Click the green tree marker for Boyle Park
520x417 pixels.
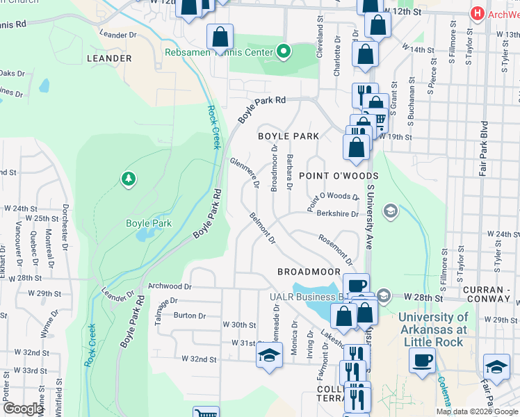click(128, 179)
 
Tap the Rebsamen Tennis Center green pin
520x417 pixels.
click(283, 51)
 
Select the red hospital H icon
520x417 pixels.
click(478, 13)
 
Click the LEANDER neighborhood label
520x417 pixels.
click(109, 58)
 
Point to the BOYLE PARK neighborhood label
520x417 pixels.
click(289, 136)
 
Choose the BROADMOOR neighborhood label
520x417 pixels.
click(309, 272)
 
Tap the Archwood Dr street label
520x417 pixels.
click(169, 286)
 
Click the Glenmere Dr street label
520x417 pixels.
click(245, 172)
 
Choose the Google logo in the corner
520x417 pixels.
click(24, 409)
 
